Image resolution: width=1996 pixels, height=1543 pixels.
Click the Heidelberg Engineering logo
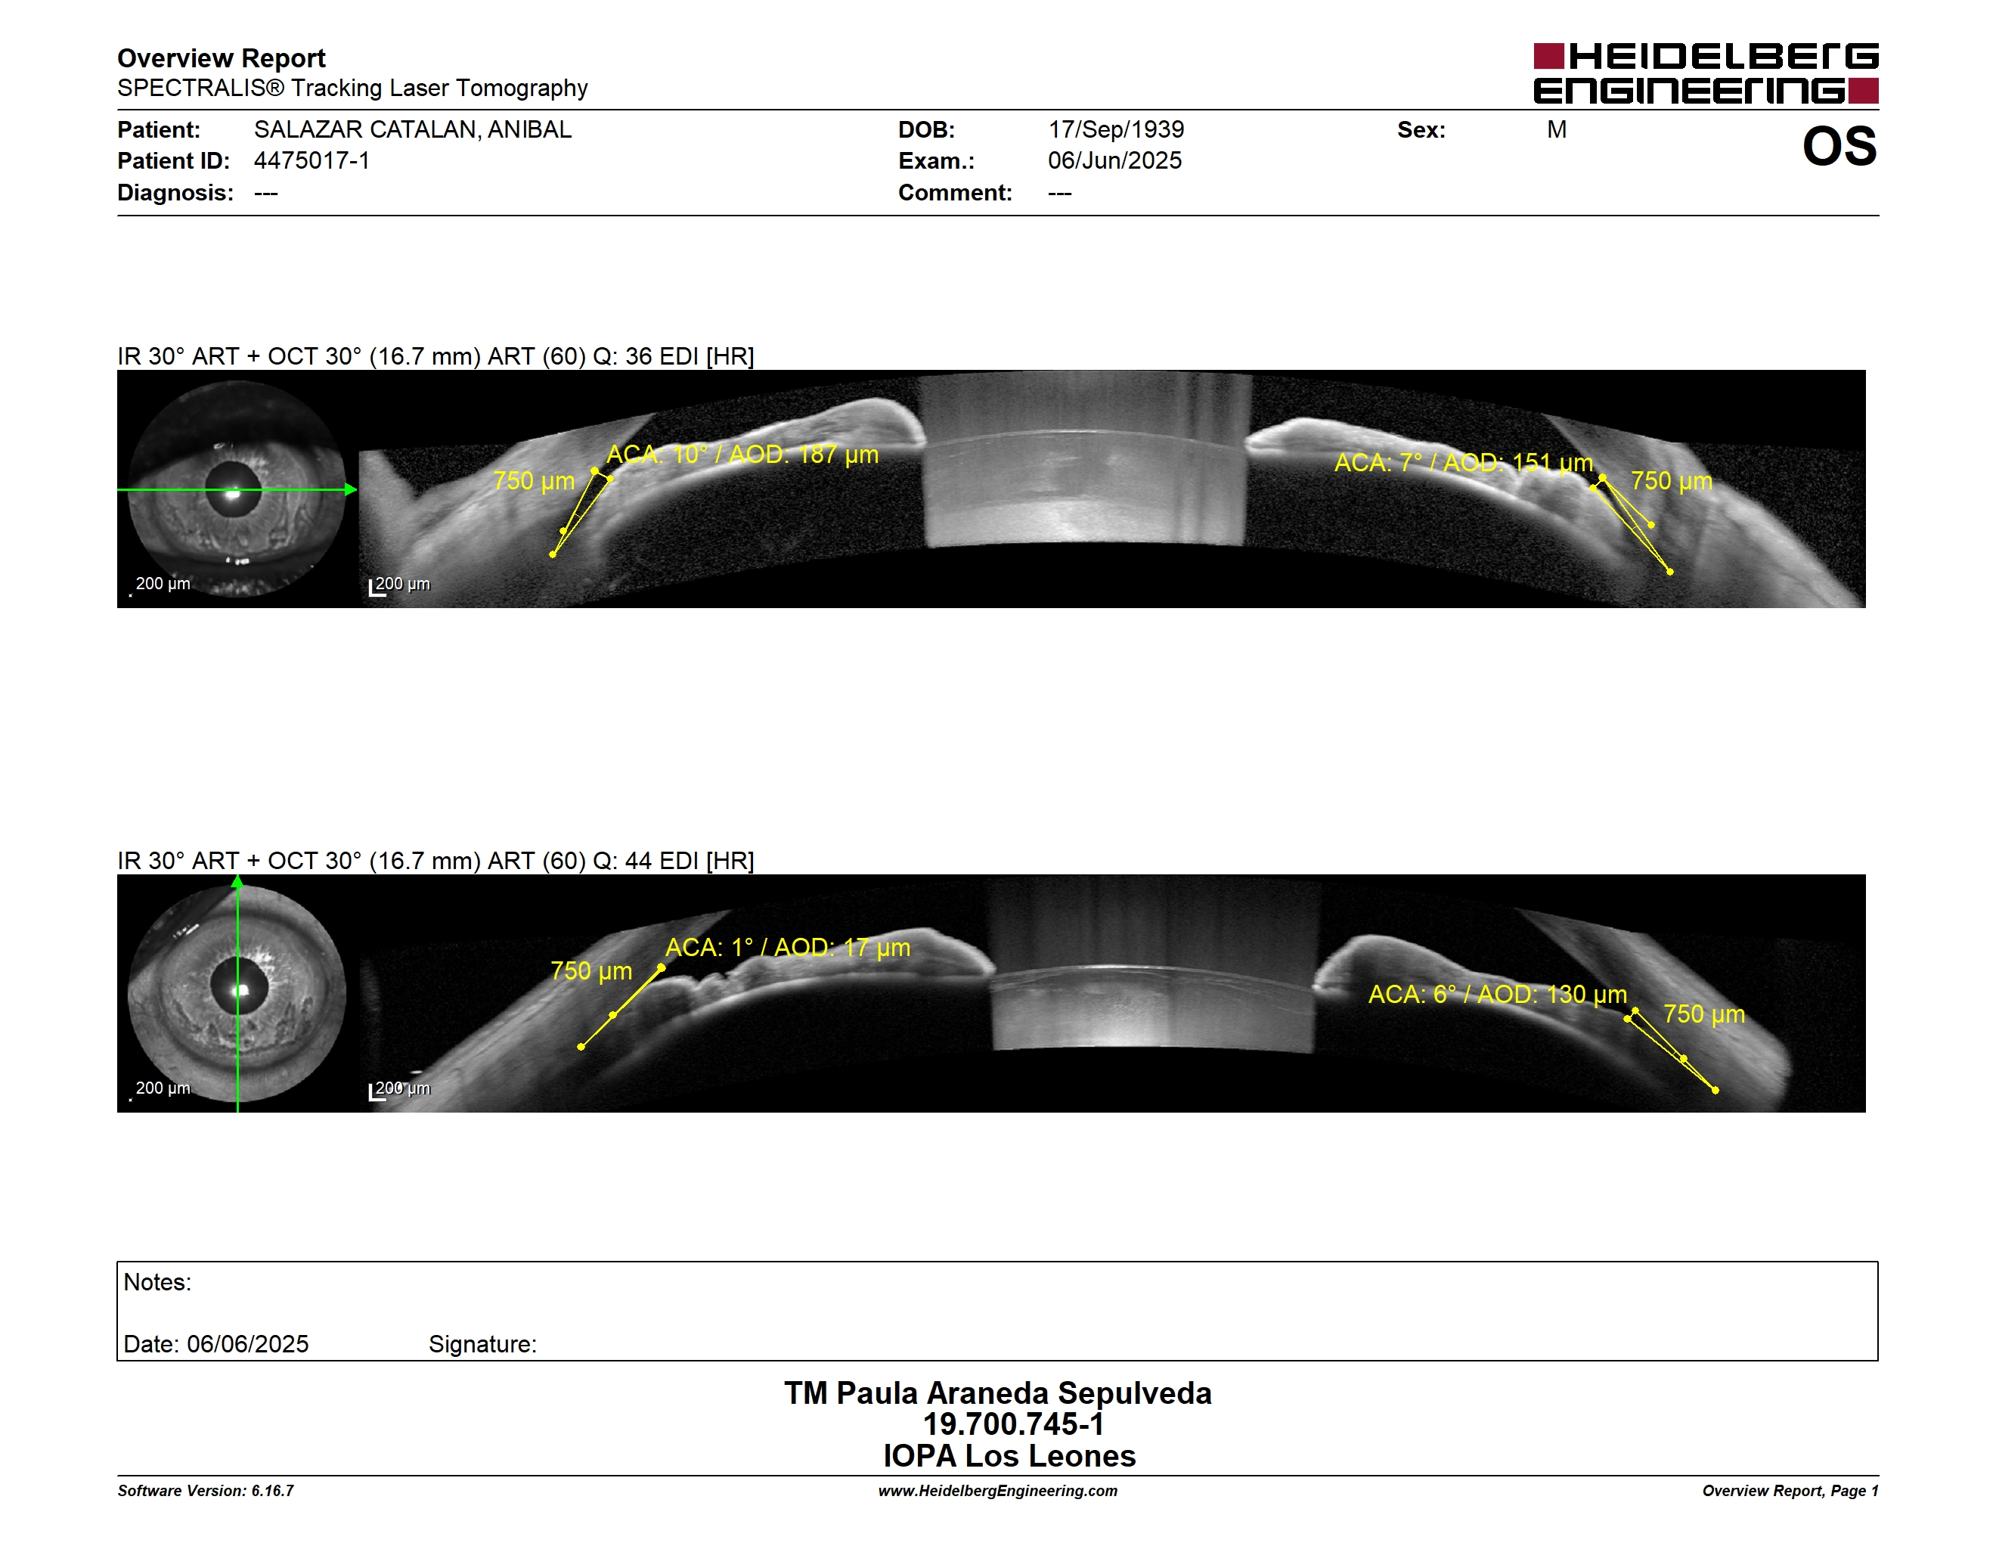tap(1706, 73)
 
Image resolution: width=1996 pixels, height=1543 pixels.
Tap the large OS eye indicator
tap(1839, 146)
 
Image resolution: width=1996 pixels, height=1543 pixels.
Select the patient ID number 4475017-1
tap(311, 161)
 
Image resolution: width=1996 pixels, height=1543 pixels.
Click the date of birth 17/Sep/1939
tap(1116, 130)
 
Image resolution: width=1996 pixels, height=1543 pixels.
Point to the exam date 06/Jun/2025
tap(1114, 161)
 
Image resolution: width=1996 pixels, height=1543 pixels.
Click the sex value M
tap(1557, 130)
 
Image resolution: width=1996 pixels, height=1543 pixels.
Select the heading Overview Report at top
tap(222, 58)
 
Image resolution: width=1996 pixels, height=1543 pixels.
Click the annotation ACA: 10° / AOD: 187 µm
tap(742, 455)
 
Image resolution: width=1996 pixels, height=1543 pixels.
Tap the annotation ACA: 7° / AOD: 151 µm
tap(1463, 463)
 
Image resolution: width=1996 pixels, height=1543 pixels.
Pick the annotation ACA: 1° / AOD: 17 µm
tap(788, 947)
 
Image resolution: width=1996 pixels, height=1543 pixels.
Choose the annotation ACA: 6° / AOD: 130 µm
tap(1497, 994)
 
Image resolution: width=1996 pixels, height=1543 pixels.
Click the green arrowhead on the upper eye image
tap(351, 490)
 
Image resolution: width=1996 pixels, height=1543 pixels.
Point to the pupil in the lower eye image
tap(240, 986)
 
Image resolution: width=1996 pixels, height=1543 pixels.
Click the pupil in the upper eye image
tap(233, 489)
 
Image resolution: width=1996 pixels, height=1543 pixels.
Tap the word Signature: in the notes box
tap(482, 1344)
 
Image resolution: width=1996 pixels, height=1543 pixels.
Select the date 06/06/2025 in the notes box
tap(248, 1344)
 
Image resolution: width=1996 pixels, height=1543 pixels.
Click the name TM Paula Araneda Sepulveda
tap(998, 1392)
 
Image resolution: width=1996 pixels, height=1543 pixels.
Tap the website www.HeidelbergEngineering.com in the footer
tap(998, 1491)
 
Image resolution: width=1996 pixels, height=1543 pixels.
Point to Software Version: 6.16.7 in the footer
tap(206, 1491)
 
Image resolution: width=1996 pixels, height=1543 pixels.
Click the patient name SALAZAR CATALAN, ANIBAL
tap(413, 130)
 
